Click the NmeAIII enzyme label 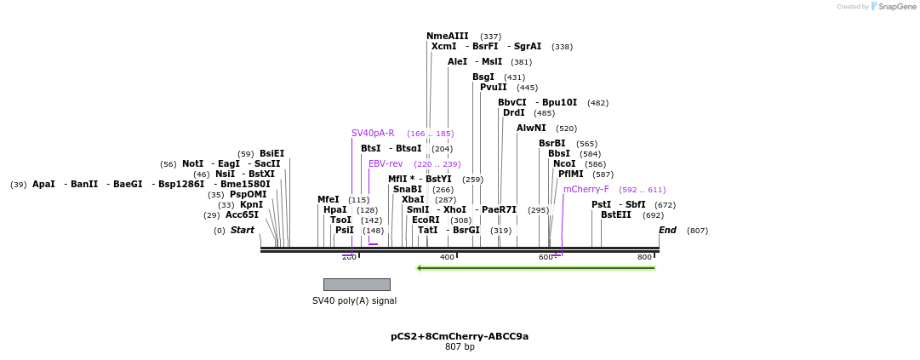tap(447, 37)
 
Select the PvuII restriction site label tap(493, 88)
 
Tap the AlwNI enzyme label tap(531, 129)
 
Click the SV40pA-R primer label tap(373, 134)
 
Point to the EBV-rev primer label tap(386, 164)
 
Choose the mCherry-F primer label tap(586, 190)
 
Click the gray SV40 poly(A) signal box tap(357, 284)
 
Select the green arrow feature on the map tap(536, 268)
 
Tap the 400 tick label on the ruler tap(447, 257)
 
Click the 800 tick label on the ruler tap(644, 257)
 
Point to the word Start tap(243, 231)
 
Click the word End tap(667, 231)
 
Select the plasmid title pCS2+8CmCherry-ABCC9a tap(460, 337)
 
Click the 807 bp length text tap(460, 347)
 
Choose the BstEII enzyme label tap(616, 215)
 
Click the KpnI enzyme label tap(251, 205)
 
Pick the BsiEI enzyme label tap(271, 154)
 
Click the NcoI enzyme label tap(564, 164)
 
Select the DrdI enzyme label tap(514, 113)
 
